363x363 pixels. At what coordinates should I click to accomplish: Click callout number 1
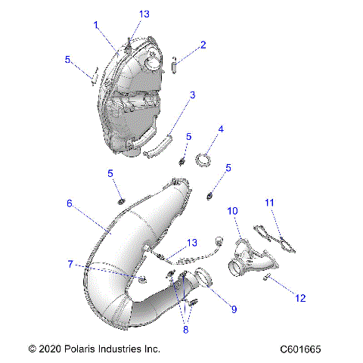click(x=96, y=25)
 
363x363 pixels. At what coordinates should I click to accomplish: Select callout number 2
click(x=203, y=45)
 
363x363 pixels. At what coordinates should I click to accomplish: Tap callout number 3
click(x=193, y=95)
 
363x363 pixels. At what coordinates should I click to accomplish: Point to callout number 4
click(x=221, y=130)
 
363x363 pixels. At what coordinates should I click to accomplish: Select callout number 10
click(x=233, y=211)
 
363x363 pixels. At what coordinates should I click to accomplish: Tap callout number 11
click(x=269, y=203)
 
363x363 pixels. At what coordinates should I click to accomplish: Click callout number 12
click(x=301, y=299)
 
